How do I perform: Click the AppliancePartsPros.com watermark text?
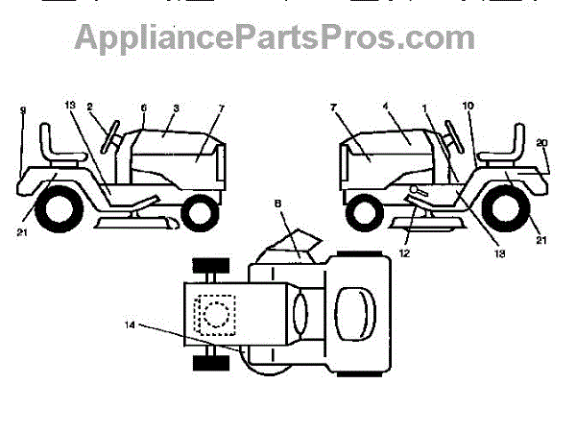275,37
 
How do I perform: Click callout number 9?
22,111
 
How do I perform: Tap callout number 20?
543,141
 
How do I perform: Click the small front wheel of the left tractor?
200,211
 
